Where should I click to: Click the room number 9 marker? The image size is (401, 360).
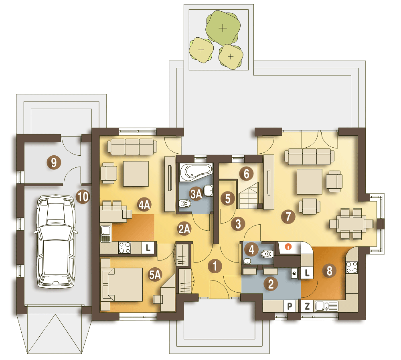(x=54, y=162)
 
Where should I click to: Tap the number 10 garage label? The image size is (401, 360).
(x=83, y=197)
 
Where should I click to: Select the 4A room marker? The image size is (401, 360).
(x=144, y=205)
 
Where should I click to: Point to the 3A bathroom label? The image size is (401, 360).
(x=196, y=194)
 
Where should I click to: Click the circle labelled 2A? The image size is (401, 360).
(x=184, y=229)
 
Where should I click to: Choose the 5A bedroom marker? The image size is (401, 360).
(x=155, y=275)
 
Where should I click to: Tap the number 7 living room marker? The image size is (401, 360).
(x=288, y=217)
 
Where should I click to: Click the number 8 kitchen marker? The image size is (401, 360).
(x=329, y=271)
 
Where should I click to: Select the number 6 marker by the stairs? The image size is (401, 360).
(x=246, y=174)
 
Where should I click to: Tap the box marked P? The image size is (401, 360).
(x=290, y=306)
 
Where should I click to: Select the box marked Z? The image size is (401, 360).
(x=307, y=306)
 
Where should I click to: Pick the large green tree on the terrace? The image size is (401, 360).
(x=223, y=28)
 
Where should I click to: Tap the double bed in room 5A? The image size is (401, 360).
(x=122, y=285)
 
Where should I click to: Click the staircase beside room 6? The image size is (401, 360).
(x=249, y=195)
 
